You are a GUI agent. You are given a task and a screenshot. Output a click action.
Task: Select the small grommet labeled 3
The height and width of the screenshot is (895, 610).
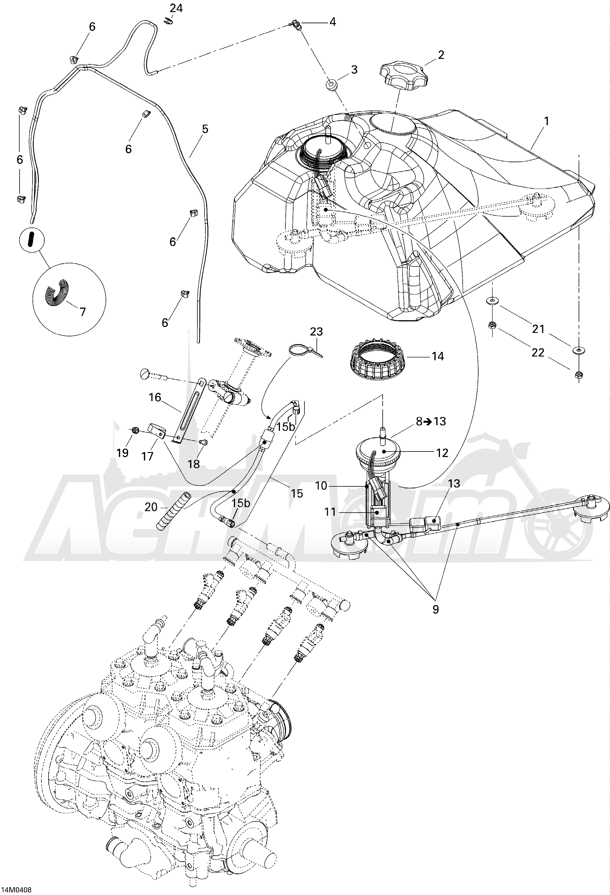coord(331,84)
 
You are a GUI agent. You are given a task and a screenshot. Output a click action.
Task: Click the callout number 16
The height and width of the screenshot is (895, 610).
coord(155,397)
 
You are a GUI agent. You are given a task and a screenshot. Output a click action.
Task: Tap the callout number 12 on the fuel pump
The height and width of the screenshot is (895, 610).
coord(443,453)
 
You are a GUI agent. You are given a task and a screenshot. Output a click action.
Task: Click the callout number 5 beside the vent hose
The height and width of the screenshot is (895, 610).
coord(205,129)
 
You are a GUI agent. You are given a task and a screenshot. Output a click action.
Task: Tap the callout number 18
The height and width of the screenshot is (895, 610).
coord(194,464)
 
